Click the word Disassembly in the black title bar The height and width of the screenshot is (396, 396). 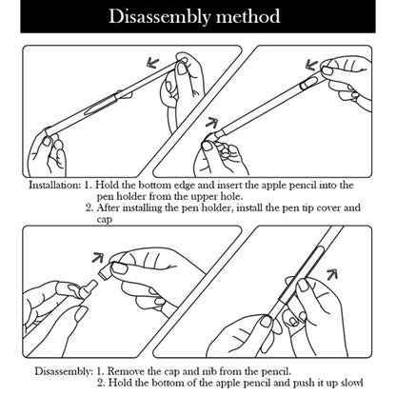[x=159, y=17]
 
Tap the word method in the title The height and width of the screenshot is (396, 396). [x=248, y=16]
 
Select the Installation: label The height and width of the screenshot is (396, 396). [x=54, y=185]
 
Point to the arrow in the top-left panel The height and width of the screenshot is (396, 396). [x=153, y=63]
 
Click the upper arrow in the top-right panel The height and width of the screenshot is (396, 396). [x=311, y=65]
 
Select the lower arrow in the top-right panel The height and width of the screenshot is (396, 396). [x=212, y=122]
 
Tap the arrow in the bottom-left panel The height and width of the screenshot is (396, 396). [x=98, y=257]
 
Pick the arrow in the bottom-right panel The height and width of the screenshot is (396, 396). [x=331, y=274]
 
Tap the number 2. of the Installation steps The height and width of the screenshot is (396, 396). [x=90, y=208]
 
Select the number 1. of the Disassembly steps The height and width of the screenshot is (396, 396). [x=100, y=371]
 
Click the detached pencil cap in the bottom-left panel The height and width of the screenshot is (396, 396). [x=106, y=272]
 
